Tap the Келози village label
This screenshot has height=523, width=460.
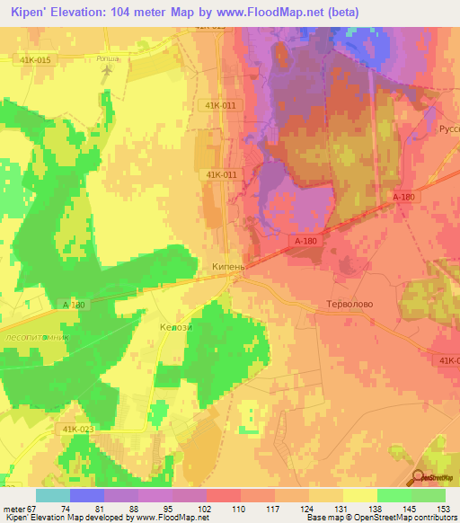pos(175,327)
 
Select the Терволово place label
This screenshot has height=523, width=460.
pos(347,305)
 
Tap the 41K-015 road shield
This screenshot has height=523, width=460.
pos(31,59)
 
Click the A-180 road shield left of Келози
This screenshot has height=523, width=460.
pos(75,306)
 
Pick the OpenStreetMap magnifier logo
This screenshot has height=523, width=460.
pos(420,478)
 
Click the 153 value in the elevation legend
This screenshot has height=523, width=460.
pos(441,508)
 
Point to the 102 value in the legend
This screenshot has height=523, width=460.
pos(206,508)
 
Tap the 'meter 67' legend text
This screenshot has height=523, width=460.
pos(20,508)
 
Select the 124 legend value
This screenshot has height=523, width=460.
pos(308,508)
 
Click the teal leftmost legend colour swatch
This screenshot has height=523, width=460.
pos(52,495)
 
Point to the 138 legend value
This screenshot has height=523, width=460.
pos(376,508)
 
